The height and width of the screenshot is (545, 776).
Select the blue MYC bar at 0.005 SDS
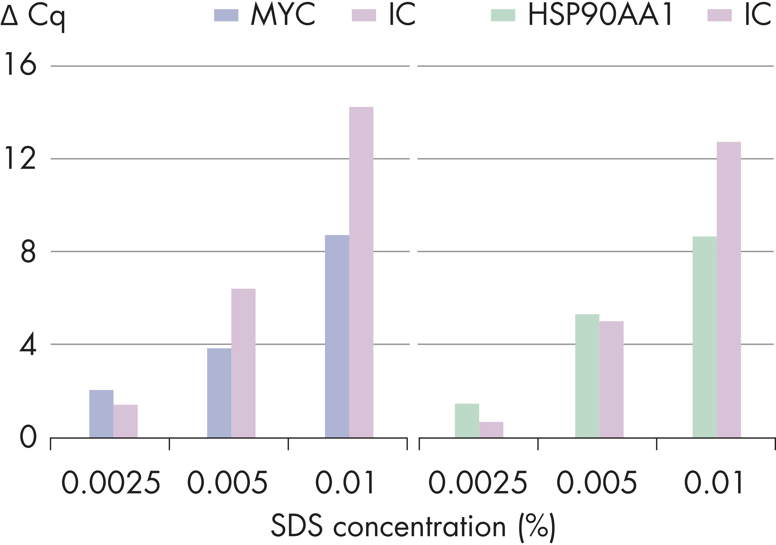coord(219,393)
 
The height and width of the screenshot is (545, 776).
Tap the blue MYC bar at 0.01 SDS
coord(337,336)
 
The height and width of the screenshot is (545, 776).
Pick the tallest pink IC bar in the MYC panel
coord(361,272)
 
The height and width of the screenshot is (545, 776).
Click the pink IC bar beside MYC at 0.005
coord(243,363)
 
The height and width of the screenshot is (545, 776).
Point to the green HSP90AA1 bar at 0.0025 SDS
coord(467,421)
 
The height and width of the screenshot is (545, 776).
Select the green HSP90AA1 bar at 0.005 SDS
coord(587,376)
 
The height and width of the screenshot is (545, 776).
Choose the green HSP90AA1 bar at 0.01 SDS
coord(705,337)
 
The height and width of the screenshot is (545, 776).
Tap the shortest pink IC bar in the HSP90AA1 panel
coord(491,430)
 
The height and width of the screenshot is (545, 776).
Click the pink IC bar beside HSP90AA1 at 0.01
coord(729,289)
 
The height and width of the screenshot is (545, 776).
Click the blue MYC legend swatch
coord(226,15)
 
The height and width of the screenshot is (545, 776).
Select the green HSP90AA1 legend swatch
coord(503,15)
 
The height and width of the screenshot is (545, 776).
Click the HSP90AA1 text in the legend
coord(600,15)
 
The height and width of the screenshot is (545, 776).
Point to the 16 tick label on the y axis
coord(20,64)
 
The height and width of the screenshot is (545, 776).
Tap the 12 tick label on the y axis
coord(20,158)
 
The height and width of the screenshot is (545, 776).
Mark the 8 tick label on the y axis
coord(28,251)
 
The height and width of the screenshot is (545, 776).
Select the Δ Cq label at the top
coord(33,17)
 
